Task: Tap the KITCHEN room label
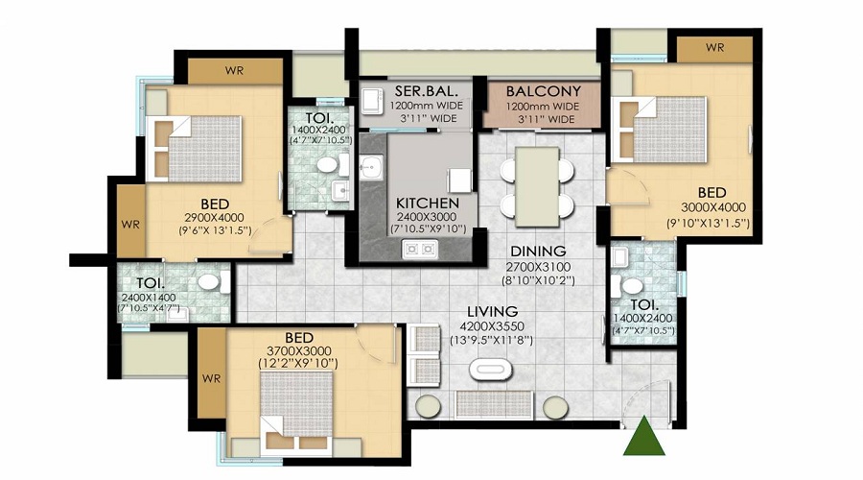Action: [x=428, y=203]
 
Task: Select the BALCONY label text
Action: [x=544, y=91]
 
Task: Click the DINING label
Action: [x=538, y=252]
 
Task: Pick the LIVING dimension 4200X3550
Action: [x=492, y=326]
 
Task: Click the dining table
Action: [x=537, y=187]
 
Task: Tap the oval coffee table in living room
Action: [x=491, y=370]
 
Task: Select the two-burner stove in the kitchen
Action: [x=419, y=250]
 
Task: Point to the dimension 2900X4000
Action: [x=215, y=218]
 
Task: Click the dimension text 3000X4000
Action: [x=713, y=207]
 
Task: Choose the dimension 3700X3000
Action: [x=299, y=351]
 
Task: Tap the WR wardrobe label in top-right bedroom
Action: [x=715, y=48]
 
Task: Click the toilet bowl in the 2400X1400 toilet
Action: [x=209, y=282]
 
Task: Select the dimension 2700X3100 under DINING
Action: [x=538, y=267]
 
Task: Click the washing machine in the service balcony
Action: [x=372, y=100]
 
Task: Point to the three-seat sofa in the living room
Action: [x=494, y=405]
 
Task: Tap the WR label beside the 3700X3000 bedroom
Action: [x=211, y=378]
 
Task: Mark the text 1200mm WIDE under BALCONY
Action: [x=543, y=107]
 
